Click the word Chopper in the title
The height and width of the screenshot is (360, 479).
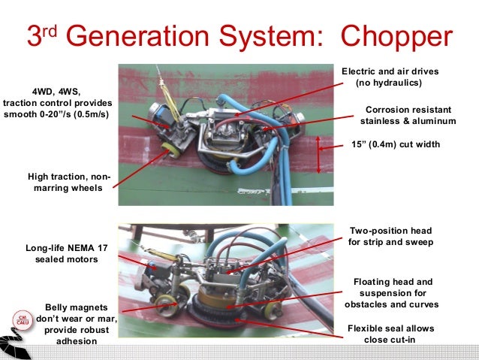click(397, 36)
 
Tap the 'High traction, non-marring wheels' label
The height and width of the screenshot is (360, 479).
click(68, 182)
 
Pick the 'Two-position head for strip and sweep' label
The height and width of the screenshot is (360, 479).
click(390, 236)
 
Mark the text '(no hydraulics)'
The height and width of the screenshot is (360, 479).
click(389, 83)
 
